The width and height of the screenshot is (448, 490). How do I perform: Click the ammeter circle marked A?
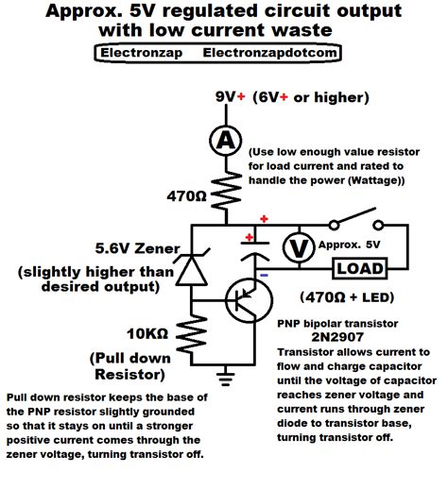pyautogui.click(x=225, y=141)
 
